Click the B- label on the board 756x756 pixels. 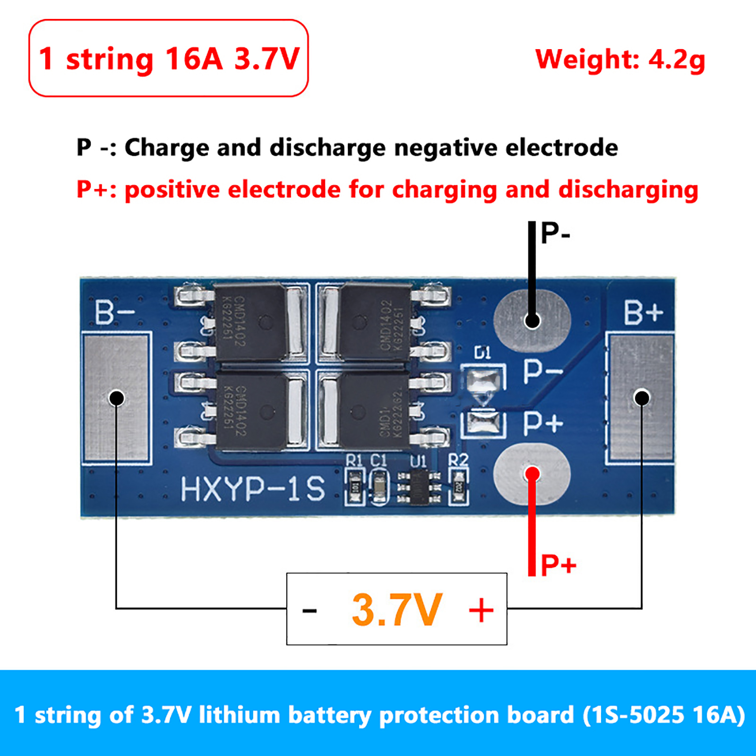[114, 312]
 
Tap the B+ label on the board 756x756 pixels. [643, 312]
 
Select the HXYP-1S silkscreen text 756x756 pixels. [253, 489]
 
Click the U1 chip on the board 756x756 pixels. [419, 487]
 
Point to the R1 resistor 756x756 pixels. [355, 487]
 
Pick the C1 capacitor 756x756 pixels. [379, 487]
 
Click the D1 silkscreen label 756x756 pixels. [482, 352]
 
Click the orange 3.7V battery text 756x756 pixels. [397, 610]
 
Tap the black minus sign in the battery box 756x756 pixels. [309, 610]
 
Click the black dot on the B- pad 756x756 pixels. [117, 398]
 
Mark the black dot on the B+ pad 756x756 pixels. [642, 398]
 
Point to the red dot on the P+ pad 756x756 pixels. [533, 474]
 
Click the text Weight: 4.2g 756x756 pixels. [620, 60]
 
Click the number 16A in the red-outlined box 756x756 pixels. [194, 59]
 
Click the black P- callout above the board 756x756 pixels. [555, 233]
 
